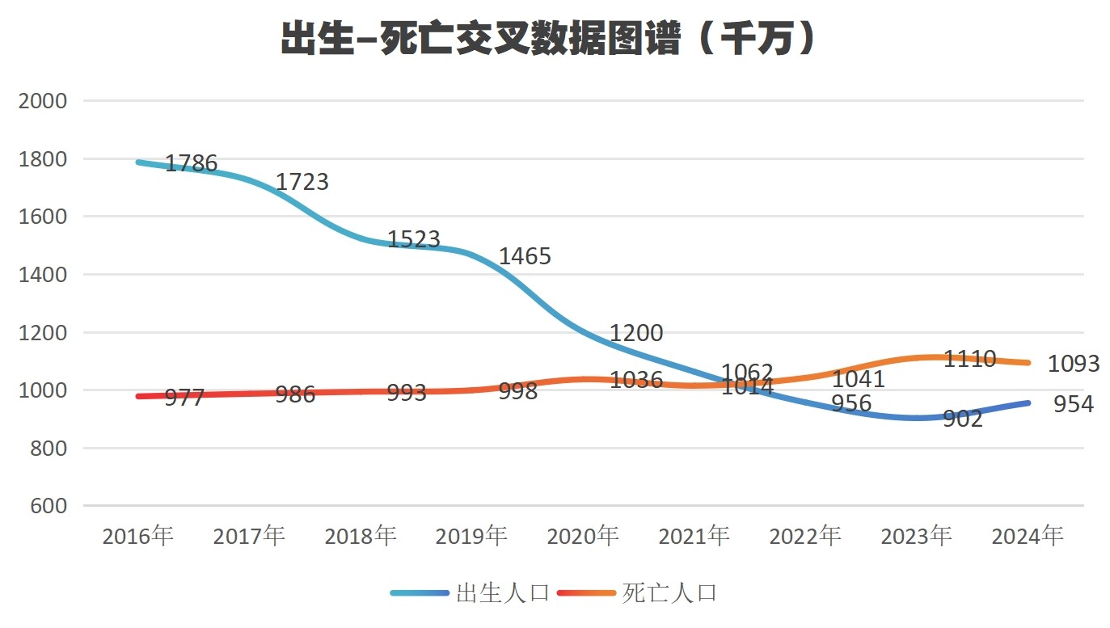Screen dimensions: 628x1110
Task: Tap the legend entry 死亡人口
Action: pos(669,593)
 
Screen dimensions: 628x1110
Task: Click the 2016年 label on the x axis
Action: pos(137,536)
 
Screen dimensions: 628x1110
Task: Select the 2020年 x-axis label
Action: pos(583,536)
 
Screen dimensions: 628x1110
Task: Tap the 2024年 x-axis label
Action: pos(1028,536)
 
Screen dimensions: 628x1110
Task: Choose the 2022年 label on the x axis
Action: pos(805,536)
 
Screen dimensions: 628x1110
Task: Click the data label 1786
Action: pos(191,164)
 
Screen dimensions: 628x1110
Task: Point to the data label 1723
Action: pos(302,182)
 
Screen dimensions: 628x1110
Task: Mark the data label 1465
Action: pos(525,257)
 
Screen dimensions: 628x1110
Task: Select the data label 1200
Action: pos(636,333)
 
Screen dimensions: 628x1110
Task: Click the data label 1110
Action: pos(969,360)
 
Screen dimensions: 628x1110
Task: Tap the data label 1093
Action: pos(1074,364)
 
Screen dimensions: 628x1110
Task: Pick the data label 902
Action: pos(963,419)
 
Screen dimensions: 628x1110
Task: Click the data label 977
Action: pos(184,397)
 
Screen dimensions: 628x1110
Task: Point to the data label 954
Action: pos(1074,404)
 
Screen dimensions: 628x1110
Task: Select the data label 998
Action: pos(518,392)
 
